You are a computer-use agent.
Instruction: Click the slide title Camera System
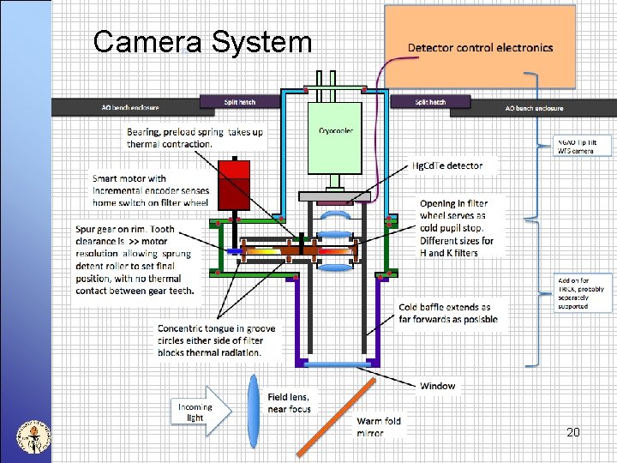[x=202, y=41]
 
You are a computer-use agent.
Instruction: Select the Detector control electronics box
[x=479, y=48]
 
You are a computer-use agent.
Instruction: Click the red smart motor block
[x=233, y=183]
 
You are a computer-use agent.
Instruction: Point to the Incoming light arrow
[x=202, y=411]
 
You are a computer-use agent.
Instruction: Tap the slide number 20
[x=572, y=432]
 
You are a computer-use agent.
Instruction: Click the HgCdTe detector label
[x=447, y=165]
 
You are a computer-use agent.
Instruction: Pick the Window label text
[x=437, y=386]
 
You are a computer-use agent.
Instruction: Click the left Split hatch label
[x=240, y=102]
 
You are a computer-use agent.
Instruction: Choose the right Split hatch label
[x=430, y=102]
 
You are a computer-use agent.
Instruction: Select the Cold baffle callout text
[x=447, y=313]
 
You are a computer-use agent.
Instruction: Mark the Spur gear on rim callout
[x=135, y=260]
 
